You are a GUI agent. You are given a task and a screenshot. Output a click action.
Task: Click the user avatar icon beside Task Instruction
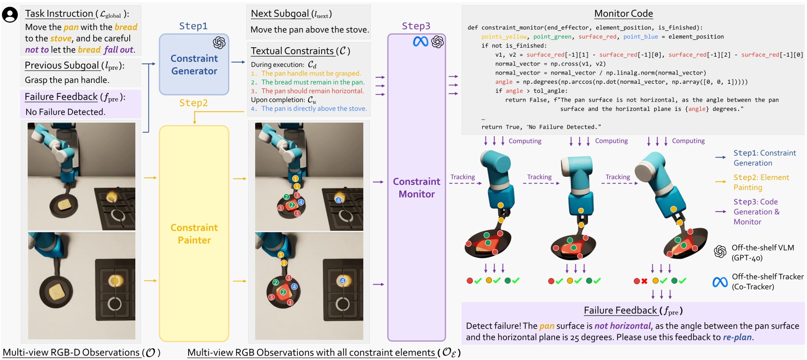[x=10, y=15]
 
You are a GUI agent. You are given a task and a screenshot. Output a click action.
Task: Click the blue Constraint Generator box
[x=194, y=65]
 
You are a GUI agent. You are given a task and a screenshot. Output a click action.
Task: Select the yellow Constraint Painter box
[x=194, y=233]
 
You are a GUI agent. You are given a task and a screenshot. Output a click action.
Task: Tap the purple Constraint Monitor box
[x=416, y=187]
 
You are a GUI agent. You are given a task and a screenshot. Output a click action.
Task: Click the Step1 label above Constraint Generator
[x=193, y=26]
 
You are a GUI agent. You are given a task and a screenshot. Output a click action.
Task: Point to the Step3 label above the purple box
[x=416, y=26]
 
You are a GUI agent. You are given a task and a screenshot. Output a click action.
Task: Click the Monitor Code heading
[x=623, y=14]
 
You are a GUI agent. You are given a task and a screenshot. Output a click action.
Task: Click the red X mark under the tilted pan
[x=644, y=281]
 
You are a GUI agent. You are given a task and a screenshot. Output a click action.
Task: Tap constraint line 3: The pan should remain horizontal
[x=312, y=91]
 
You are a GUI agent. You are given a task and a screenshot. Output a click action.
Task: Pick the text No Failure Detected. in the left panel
[x=65, y=112]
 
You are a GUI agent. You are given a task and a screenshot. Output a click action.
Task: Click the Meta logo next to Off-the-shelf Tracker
[x=720, y=282]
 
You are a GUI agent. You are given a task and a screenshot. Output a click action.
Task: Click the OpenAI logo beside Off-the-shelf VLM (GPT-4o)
[x=720, y=252]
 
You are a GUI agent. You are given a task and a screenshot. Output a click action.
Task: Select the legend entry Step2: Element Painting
[x=761, y=182]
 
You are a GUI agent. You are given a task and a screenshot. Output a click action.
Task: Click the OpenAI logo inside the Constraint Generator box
[x=219, y=43]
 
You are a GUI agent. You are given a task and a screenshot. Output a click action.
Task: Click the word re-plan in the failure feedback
[x=737, y=337]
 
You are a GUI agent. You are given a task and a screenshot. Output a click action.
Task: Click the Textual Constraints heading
[x=300, y=51]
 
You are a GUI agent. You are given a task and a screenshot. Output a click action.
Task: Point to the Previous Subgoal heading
[x=74, y=66]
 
